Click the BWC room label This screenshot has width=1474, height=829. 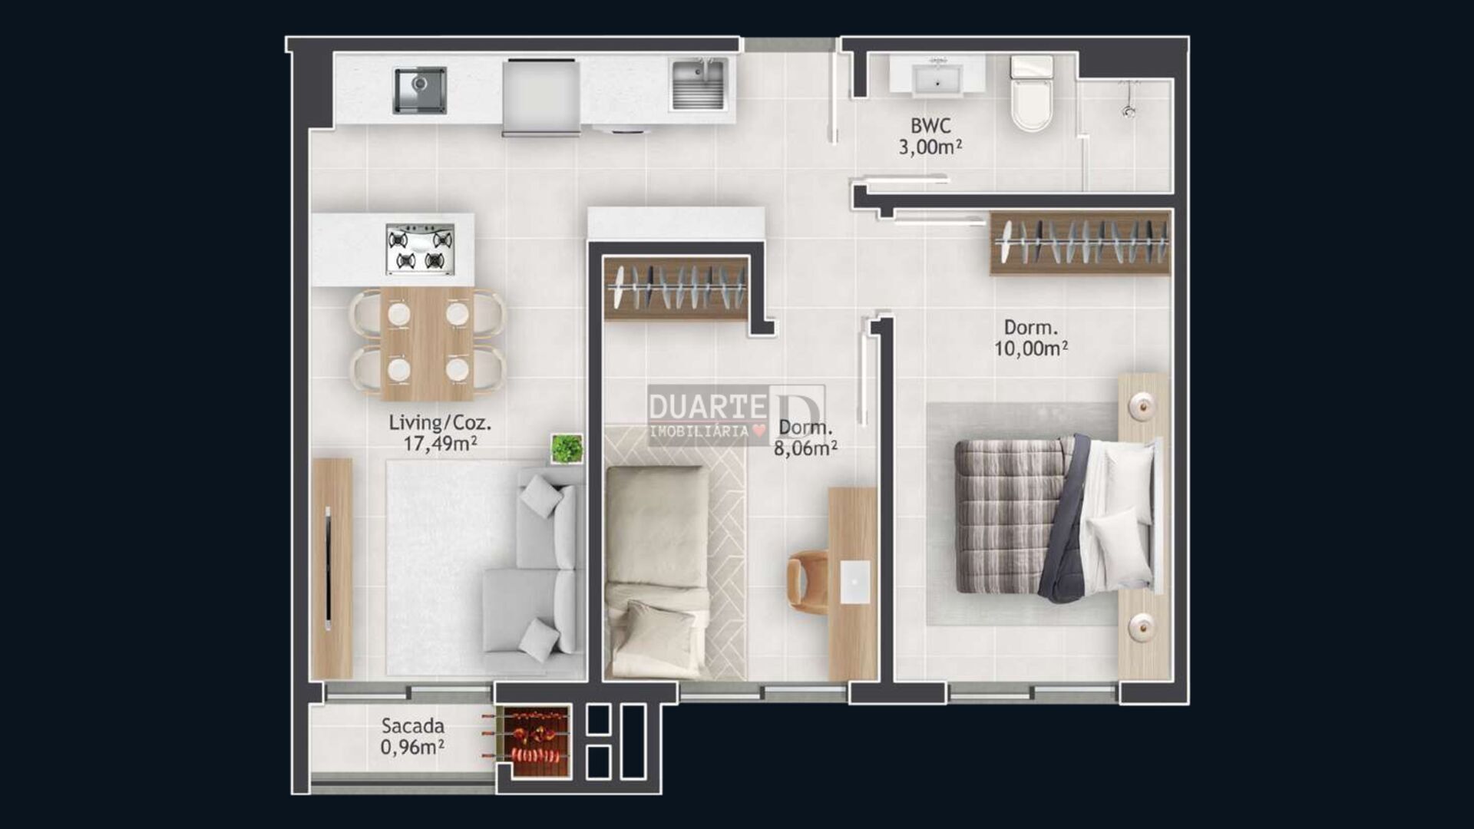click(930, 125)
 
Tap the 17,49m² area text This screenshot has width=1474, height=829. click(440, 443)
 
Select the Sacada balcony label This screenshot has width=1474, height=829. click(413, 725)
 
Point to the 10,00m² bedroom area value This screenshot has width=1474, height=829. click(1031, 348)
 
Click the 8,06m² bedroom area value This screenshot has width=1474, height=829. click(805, 448)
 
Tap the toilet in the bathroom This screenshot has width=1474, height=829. click(1031, 93)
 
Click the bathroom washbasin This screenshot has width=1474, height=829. click(937, 78)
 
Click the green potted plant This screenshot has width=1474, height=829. click(567, 448)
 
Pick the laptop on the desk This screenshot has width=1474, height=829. click(854, 582)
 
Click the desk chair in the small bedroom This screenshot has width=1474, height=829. click(806, 582)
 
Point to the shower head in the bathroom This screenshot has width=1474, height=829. click(1128, 109)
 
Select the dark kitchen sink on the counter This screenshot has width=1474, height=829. click(420, 91)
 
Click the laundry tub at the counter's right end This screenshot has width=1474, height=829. click(699, 84)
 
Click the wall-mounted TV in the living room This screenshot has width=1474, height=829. click(329, 568)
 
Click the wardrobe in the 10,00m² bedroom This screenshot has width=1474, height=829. click(1080, 243)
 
